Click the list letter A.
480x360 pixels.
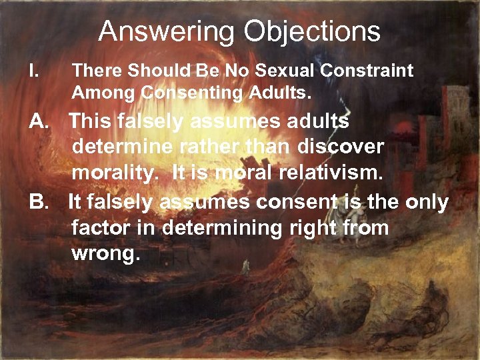(39, 122)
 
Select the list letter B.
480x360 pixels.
(39, 202)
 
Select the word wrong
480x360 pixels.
(105, 253)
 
